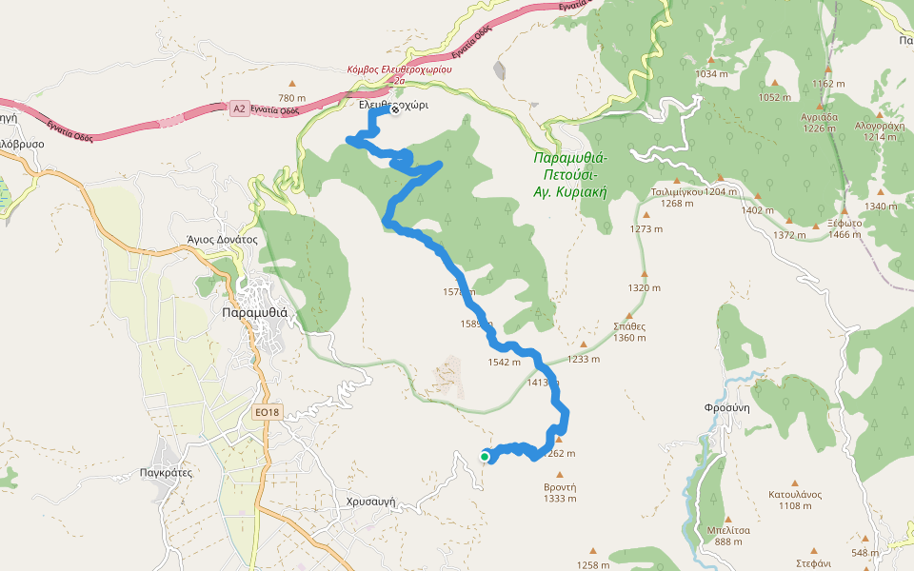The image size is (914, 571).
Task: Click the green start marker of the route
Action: (485, 458)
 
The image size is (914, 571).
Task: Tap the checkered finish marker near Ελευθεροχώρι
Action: (394, 110)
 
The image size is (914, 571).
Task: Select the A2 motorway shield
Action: (239, 108)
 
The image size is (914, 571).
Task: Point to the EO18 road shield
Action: (268, 412)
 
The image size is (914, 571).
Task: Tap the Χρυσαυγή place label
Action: (370, 502)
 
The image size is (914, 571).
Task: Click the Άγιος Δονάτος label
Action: (223, 240)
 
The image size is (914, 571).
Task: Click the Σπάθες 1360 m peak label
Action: (629, 331)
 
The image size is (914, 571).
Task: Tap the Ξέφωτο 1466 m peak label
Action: (830, 228)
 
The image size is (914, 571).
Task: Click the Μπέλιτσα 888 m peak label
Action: (729, 536)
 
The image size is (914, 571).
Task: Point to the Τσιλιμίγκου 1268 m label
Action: (677, 196)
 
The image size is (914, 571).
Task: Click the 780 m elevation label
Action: (292, 98)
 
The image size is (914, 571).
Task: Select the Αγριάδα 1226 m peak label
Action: (818, 123)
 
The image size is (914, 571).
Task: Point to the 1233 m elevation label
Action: (584, 359)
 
